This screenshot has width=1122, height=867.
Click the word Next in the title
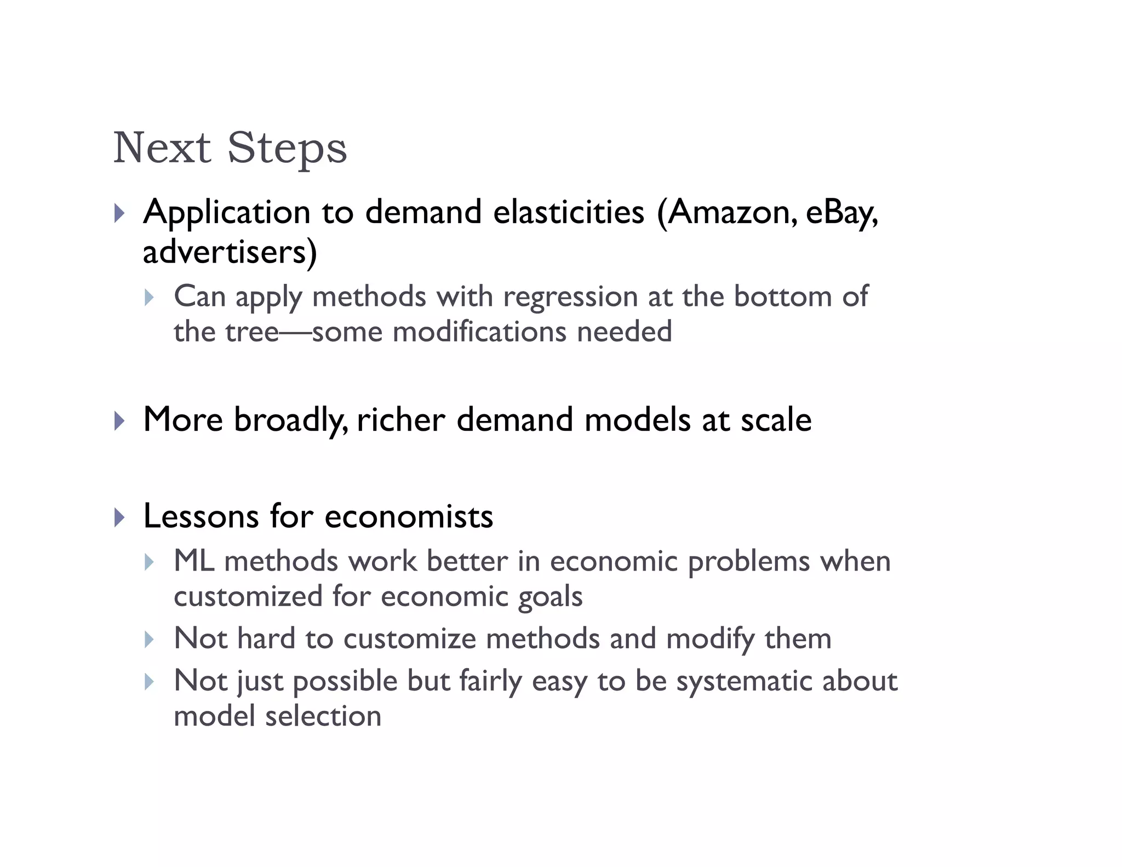point(162,148)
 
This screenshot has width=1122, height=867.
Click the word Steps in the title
point(287,148)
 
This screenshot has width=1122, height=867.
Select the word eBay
point(840,213)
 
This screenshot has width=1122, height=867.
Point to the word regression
point(570,297)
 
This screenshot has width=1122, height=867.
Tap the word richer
point(400,420)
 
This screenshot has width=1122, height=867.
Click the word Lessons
point(201,516)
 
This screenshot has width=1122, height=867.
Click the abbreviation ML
point(194,562)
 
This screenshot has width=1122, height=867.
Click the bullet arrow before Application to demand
point(119,213)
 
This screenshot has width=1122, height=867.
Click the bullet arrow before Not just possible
point(149,682)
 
